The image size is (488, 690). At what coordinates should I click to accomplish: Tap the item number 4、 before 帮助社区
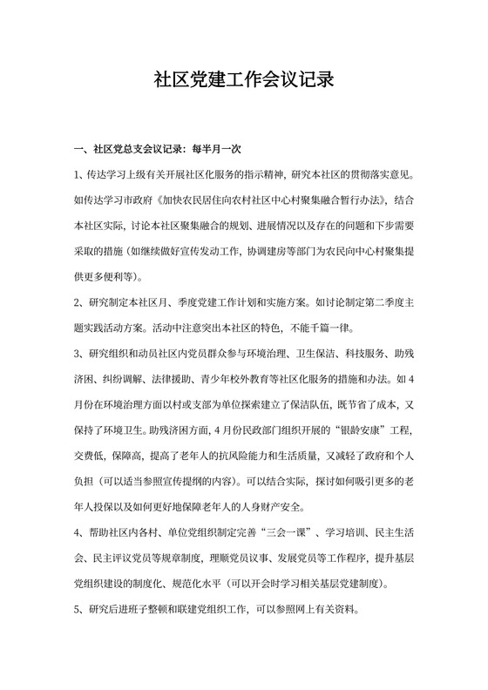coord(81,534)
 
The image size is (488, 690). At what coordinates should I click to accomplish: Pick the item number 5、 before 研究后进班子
coord(81,610)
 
